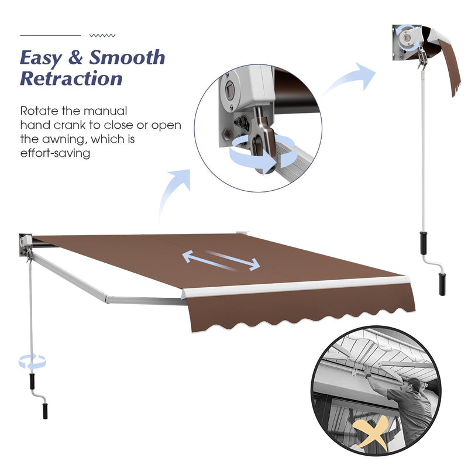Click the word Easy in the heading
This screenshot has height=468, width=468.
tap(41, 58)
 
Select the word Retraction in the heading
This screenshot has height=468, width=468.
tap(71, 78)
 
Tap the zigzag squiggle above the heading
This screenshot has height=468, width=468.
tap(102, 36)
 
